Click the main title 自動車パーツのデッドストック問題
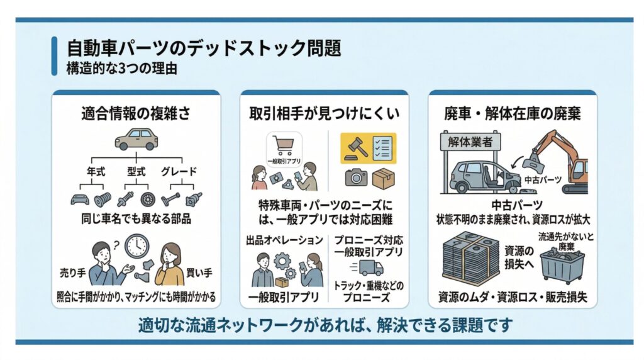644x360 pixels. point(204,48)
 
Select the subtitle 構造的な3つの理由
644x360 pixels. point(121,68)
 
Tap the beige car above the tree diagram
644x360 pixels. point(136,139)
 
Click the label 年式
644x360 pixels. point(96,171)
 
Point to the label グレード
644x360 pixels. point(179,171)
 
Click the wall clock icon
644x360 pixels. point(136,246)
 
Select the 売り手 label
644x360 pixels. point(73,273)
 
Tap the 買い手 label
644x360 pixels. point(199,273)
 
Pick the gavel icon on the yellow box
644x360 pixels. point(356,148)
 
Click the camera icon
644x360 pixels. point(356,177)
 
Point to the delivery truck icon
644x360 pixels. point(367,268)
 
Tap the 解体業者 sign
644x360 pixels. point(470,142)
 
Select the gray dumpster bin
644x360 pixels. point(562,267)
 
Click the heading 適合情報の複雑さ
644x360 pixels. point(136,113)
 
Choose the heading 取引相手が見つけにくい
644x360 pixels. point(325,113)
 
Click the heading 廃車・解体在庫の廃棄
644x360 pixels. point(513,113)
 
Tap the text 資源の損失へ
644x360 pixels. point(519,257)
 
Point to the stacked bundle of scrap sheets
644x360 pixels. point(470,259)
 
